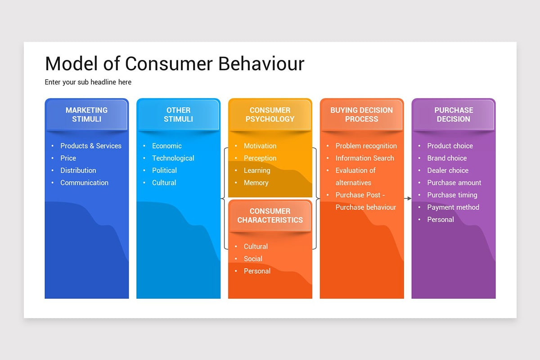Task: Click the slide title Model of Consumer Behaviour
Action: click(x=175, y=64)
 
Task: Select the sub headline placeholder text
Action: click(x=88, y=82)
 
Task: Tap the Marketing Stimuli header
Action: click(x=86, y=115)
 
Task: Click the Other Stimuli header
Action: click(x=178, y=115)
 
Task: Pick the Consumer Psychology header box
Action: click(x=270, y=115)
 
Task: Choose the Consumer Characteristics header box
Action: click(x=270, y=216)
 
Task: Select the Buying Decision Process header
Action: click(x=361, y=115)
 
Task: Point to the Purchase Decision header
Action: click(x=453, y=115)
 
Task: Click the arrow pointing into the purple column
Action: click(x=408, y=198)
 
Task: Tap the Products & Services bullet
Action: click(x=91, y=146)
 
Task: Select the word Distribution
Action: click(x=78, y=171)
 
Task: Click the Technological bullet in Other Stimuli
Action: click(x=173, y=158)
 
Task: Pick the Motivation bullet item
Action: click(x=260, y=146)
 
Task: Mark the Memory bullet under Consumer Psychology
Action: click(x=256, y=183)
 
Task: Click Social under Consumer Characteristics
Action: click(x=253, y=259)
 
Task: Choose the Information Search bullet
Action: click(x=364, y=158)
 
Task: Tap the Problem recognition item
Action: click(x=366, y=146)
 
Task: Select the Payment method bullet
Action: click(x=453, y=207)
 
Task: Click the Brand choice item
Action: click(x=447, y=158)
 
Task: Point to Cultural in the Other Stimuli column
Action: click(x=164, y=183)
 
